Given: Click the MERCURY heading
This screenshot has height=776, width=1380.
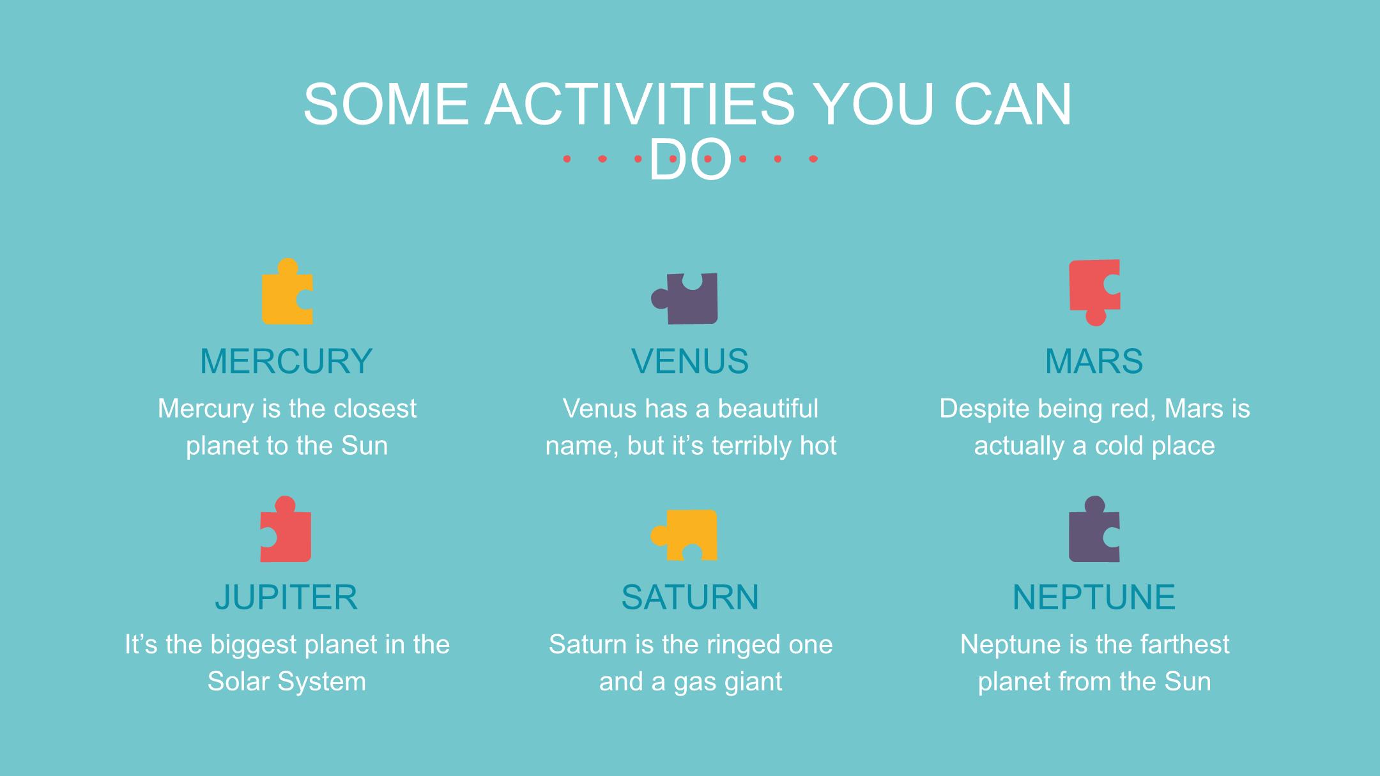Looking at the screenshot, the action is pyautogui.click(x=286, y=361).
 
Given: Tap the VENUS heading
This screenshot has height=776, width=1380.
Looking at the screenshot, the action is pyautogui.click(x=690, y=361).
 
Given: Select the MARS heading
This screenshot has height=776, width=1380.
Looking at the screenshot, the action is pyautogui.click(x=1094, y=361).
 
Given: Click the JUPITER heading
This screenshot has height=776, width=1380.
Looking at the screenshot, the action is pyautogui.click(x=286, y=597).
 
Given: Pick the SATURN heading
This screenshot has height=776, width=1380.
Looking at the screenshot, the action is pyautogui.click(x=690, y=597).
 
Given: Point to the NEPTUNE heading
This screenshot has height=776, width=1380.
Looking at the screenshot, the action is pyautogui.click(x=1094, y=597).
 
